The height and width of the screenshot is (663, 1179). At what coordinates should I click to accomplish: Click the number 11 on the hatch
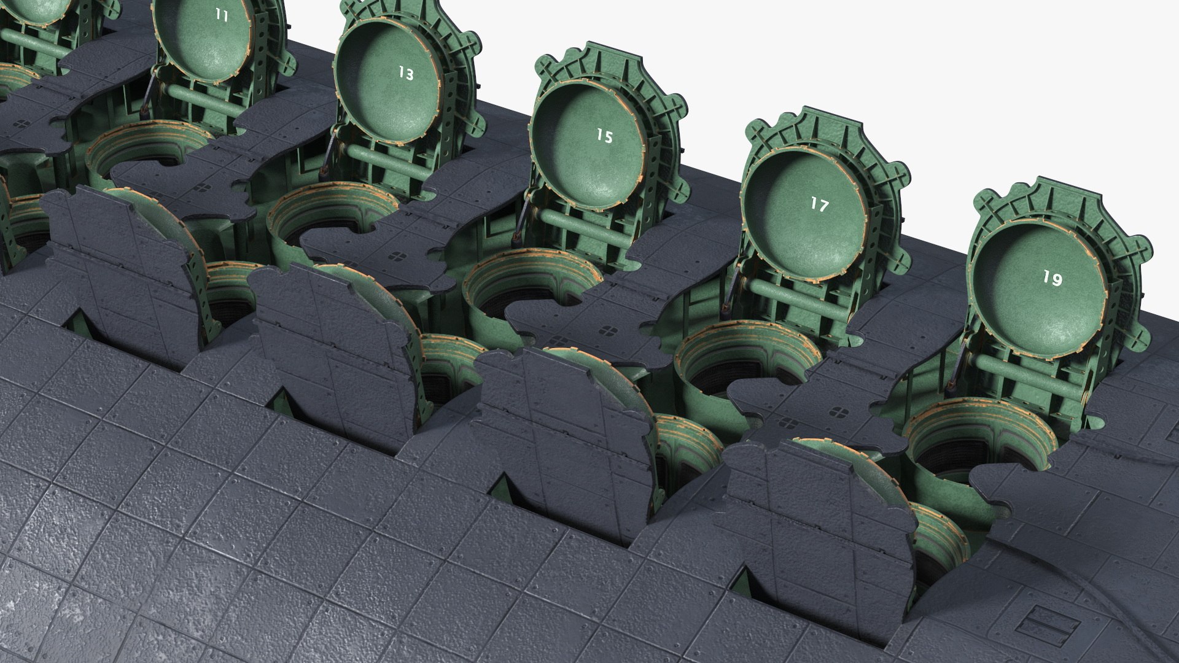click(222, 16)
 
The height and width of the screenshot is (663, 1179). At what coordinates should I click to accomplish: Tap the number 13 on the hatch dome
click(406, 74)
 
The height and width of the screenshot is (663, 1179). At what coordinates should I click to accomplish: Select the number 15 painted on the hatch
click(605, 136)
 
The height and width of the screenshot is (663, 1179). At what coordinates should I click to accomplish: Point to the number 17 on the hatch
click(819, 204)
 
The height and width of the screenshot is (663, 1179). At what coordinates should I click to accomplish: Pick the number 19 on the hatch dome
click(1053, 279)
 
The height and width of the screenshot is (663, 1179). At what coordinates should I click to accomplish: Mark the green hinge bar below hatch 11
click(203, 99)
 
